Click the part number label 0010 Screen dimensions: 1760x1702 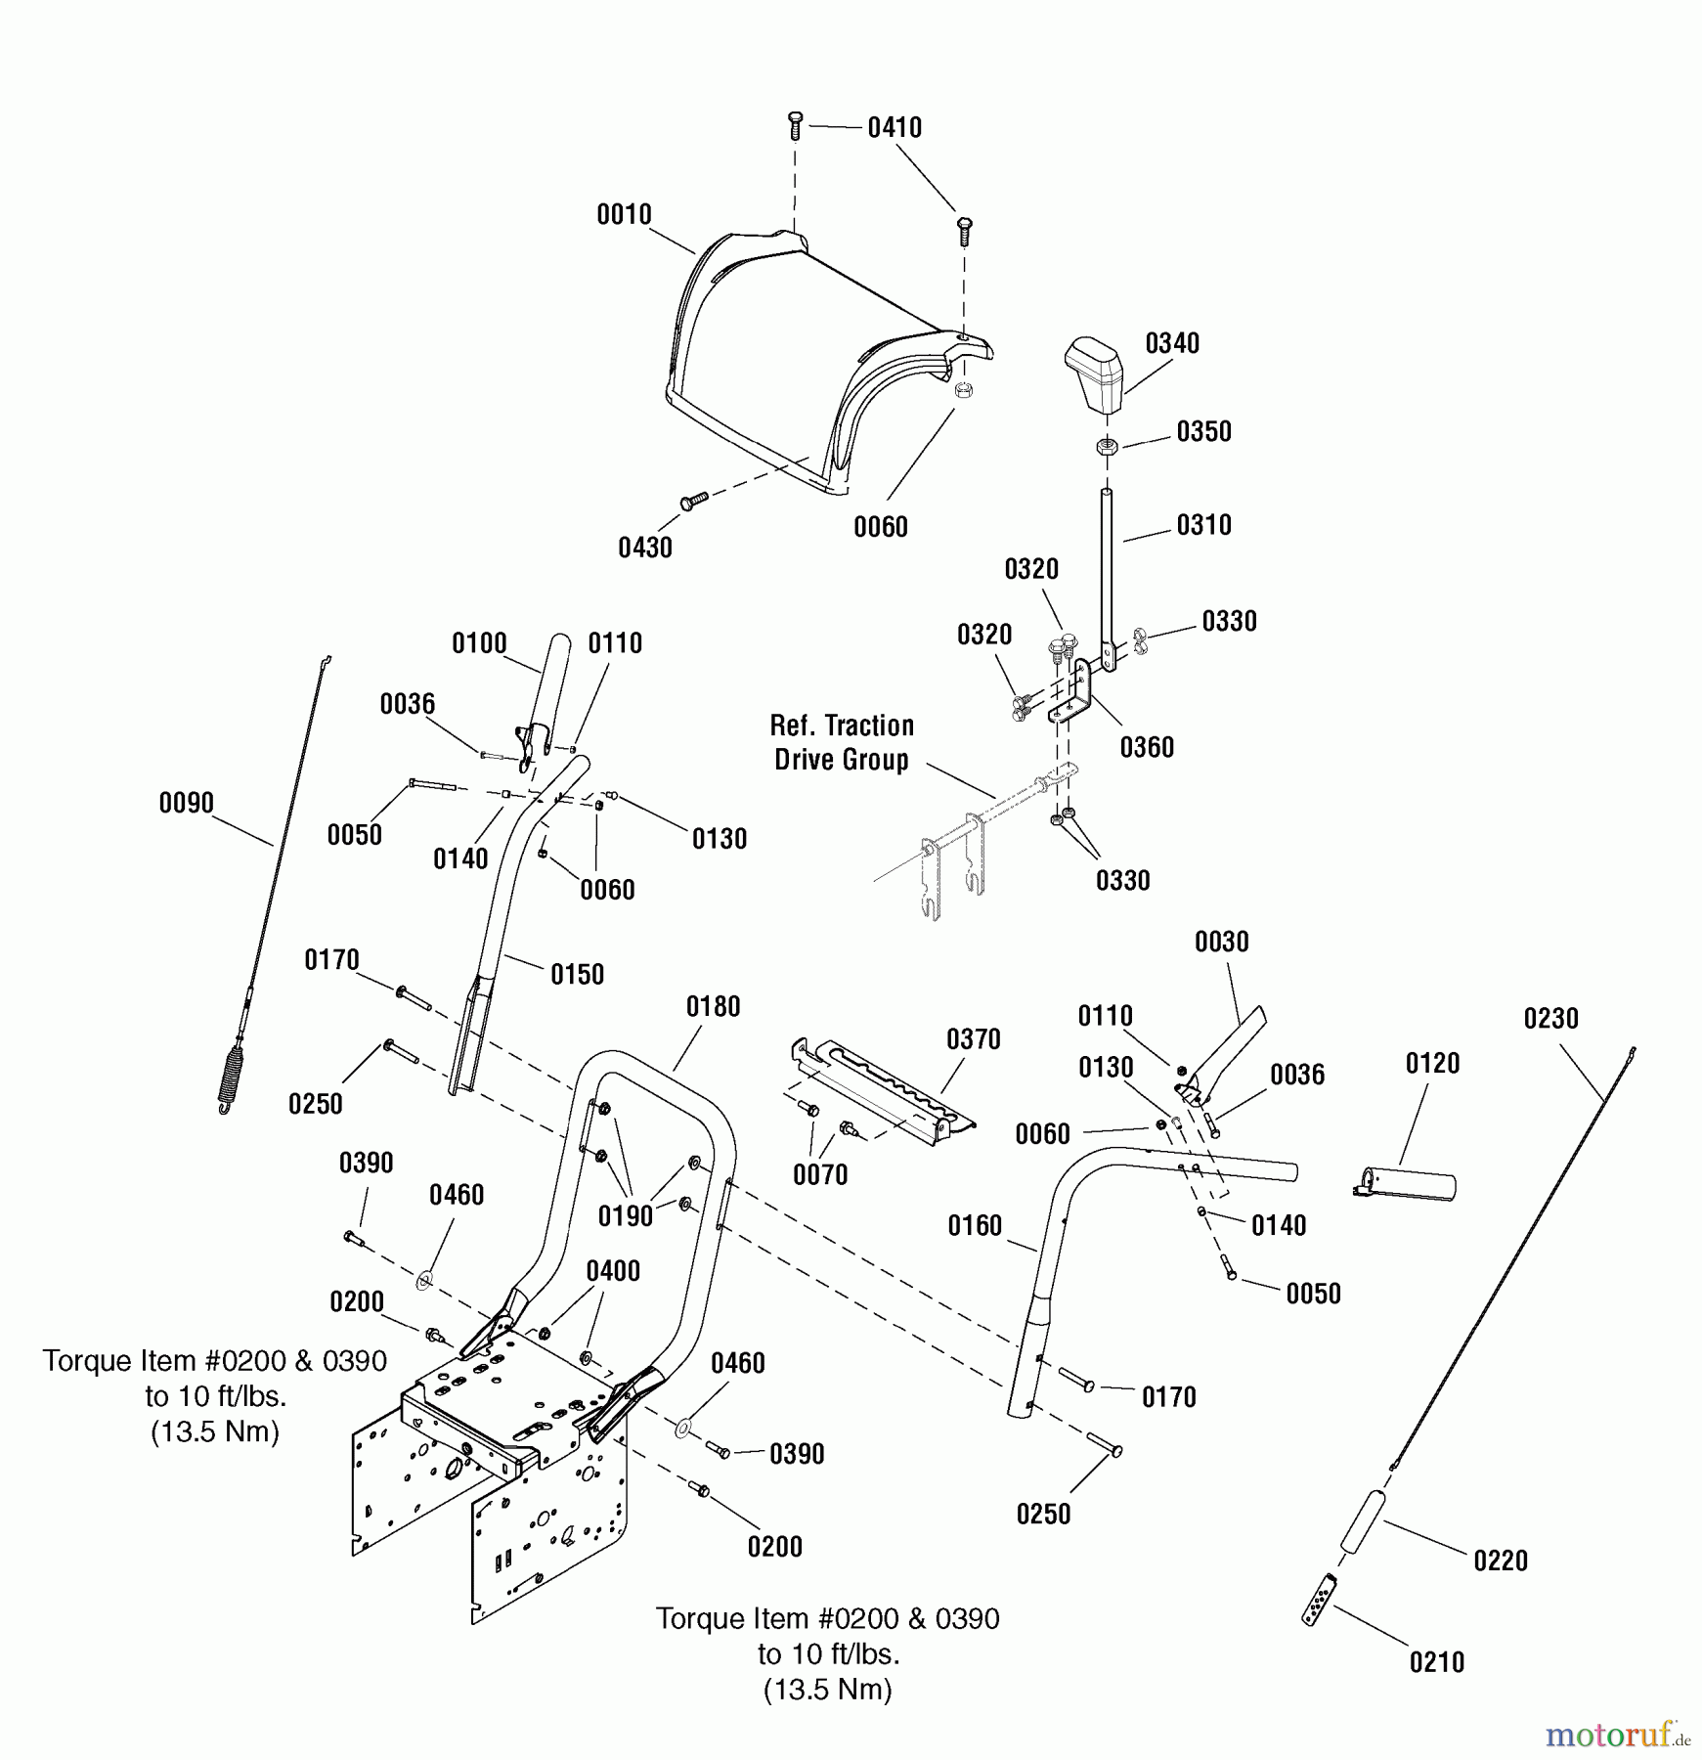tap(624, 215)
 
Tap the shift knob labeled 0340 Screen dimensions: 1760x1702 tap(1094, 374)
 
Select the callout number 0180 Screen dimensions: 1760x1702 tap(713, 1007)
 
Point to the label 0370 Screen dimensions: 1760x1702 tap(973, 1039)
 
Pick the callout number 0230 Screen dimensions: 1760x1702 tap(1550, 1019)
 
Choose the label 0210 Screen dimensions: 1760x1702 tap(1436, 1662)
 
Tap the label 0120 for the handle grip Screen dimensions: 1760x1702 tap(1431, 1064)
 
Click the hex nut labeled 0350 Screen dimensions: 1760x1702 tap(1108, 447)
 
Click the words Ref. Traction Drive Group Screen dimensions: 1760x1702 tap(842, 742)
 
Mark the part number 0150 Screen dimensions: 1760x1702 tap(577, 975)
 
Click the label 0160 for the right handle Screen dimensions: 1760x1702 tap(975, 1226)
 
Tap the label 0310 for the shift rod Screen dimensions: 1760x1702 tap(1203, 525)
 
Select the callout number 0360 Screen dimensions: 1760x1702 tap(1147, 748)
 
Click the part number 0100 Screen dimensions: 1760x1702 tap(479, 643)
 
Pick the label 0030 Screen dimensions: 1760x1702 tap(1221, 943)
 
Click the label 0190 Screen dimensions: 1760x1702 tap(625, 1216)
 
